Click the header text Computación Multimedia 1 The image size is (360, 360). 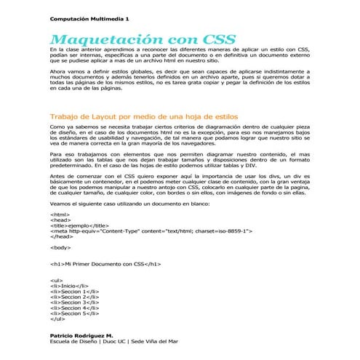tap(88, 17)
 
